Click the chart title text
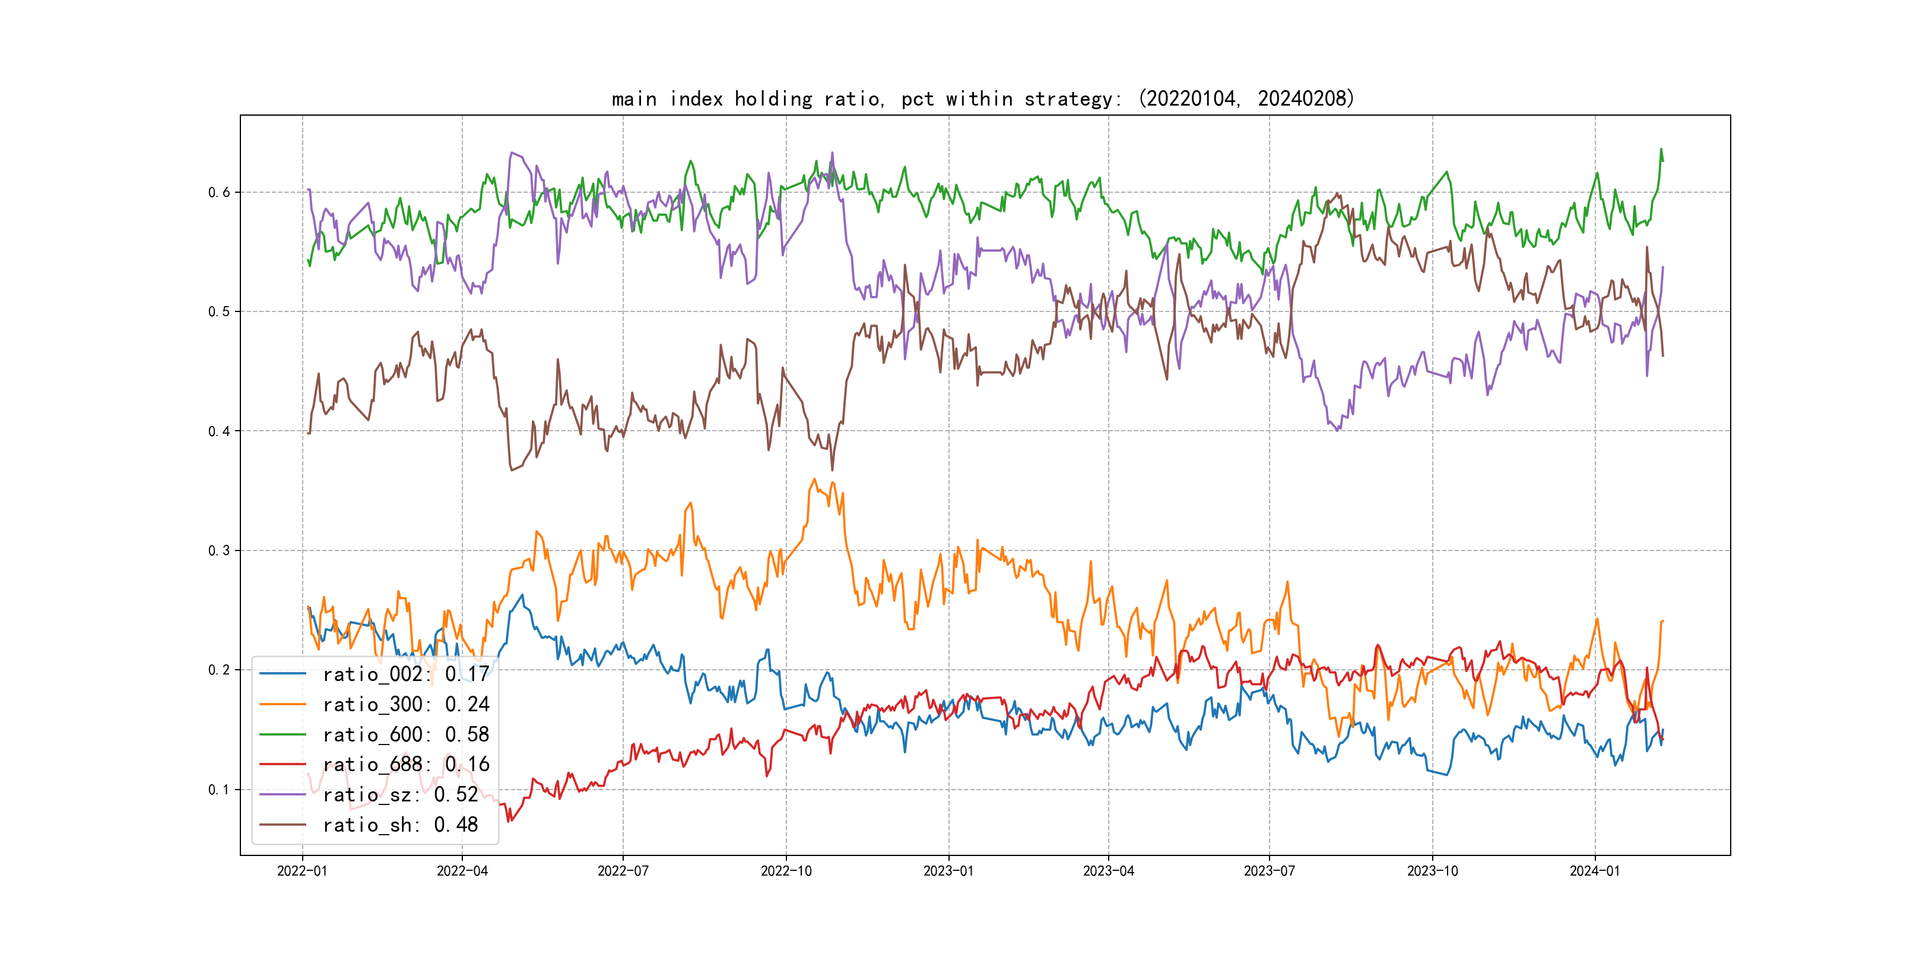point(982,98)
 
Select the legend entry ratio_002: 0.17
point(405,674)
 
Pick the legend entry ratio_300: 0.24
point(405,704)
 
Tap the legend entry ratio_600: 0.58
point(405,735)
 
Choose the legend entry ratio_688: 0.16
point(405,765)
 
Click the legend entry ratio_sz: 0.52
point(400,795)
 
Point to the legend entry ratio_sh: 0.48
point(400,825)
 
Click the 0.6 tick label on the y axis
point(219,193)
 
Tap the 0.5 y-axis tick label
point(219,312)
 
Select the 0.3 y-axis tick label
point(219,550)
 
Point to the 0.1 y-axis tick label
point(219,790)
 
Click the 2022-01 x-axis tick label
point(302,871)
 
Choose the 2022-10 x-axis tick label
point(785,871)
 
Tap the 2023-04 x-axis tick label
point(1108,871)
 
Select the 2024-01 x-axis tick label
point(1595,871)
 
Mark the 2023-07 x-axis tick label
point(1269,871)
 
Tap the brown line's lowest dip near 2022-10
point(832,470)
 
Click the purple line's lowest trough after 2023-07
point(1337,431)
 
